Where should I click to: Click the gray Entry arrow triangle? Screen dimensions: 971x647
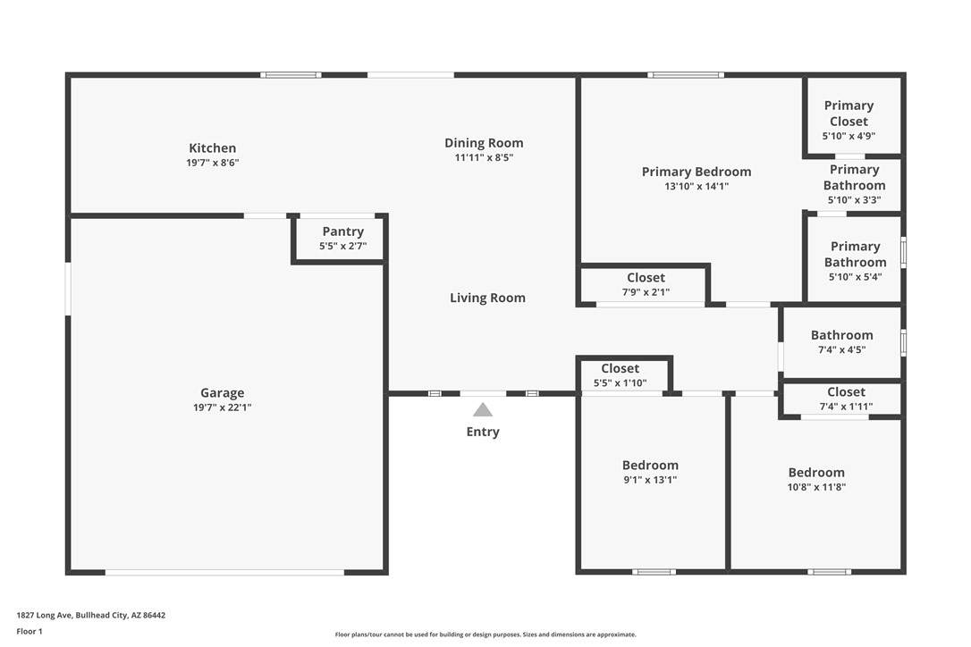point(483,410)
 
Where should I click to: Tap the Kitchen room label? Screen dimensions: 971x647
point(213,148)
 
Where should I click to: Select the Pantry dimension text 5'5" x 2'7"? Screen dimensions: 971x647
point(343,246)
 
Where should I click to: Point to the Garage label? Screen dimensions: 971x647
point(223,392)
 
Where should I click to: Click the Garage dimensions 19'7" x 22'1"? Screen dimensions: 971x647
point(223,408)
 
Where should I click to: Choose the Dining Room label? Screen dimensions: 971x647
point(485,143)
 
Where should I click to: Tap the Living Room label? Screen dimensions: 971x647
point(488,298)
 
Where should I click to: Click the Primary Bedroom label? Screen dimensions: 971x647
point(697,172)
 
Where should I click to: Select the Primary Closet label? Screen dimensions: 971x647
point(849,113)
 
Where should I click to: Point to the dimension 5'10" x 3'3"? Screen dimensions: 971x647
point(855,200)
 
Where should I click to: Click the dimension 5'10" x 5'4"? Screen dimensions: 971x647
point(855,277)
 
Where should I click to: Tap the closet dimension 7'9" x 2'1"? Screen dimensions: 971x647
point(646,292)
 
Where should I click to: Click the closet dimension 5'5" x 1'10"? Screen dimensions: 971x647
point(620,383)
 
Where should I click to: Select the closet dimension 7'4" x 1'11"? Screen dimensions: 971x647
point(847,407)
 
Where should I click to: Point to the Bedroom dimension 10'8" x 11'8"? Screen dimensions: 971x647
point(817,487)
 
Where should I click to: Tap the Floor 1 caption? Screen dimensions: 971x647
point(30,632)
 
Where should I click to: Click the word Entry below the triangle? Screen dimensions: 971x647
point(483,432)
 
